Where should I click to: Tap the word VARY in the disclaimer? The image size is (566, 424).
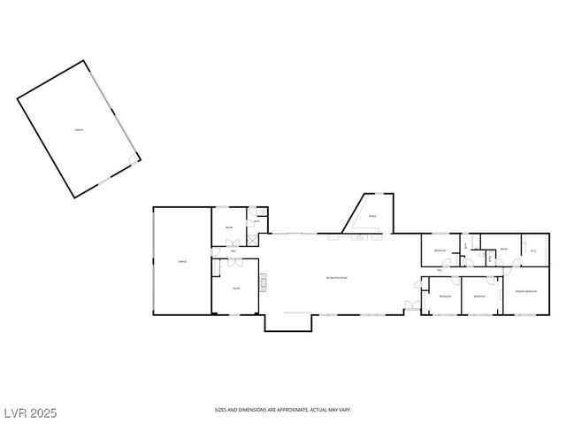(x=346, y=410)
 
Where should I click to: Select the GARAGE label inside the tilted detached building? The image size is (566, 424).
(x=79, y=130)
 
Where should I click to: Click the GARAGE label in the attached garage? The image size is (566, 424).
(x=181, y=261)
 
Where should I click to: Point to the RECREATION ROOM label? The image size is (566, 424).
(x=337, y=278)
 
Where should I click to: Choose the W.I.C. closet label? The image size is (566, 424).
(x=533, y=251)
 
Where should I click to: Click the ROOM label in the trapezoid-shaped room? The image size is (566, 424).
(x=372, y=215)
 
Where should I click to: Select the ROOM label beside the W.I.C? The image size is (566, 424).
(x=502, y=250)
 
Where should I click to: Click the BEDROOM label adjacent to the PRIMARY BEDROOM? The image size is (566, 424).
(x=478, y=296)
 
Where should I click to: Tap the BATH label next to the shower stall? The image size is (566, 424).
(x=256, y=221)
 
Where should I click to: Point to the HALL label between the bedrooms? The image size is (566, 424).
(x=440, y=271)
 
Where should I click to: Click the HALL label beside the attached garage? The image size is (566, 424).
(x=233, y=252)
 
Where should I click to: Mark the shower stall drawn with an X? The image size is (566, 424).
(x=253, y=239)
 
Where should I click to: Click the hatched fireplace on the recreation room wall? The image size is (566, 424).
(x=262, y=282)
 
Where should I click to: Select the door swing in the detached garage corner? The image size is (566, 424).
(x=134, y=159)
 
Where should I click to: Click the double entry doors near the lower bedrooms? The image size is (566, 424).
(x=410, y=305)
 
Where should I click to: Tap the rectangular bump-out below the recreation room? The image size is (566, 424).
(x=288, y=322)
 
